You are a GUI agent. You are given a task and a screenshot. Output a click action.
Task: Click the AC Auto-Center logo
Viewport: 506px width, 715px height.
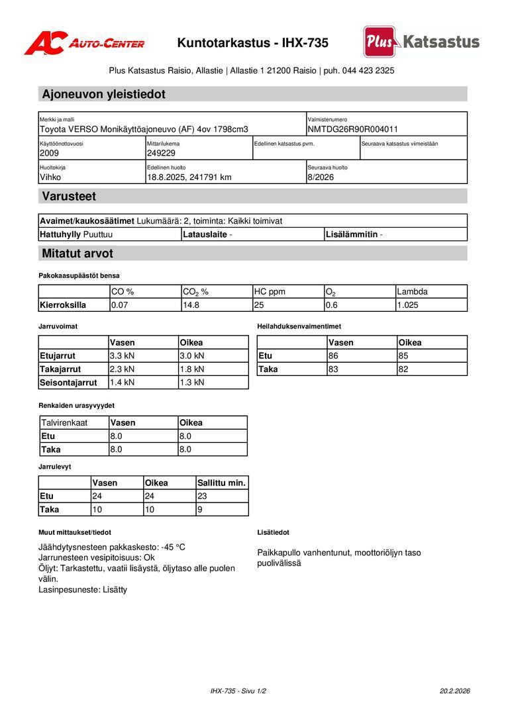84,43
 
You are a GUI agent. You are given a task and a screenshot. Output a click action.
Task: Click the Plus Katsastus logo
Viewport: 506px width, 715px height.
421,42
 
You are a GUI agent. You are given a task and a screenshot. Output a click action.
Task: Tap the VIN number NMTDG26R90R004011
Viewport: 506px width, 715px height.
352,129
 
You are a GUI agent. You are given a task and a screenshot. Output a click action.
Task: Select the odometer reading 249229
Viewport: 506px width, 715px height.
161,153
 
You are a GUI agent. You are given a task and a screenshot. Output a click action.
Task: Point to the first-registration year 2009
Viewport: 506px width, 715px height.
49,153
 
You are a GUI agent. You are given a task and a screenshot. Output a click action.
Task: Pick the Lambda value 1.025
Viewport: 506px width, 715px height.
409,305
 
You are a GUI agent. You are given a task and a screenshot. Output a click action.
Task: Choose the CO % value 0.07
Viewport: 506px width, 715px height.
120,305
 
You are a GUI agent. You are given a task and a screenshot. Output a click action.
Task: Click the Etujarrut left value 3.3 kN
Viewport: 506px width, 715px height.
122,356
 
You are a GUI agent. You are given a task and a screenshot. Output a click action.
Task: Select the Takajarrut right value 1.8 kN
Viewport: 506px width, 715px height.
192,369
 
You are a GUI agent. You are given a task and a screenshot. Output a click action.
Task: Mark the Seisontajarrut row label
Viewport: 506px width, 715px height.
68,383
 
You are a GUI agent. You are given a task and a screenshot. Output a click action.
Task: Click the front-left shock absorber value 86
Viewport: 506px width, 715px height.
333,356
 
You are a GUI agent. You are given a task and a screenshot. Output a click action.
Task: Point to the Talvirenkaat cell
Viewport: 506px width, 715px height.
64,423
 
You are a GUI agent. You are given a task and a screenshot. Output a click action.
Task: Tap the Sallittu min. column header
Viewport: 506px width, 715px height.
221,483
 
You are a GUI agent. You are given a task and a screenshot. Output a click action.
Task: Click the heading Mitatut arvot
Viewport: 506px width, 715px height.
77,254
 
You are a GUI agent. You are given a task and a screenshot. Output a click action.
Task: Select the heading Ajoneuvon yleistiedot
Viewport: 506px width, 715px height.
103,94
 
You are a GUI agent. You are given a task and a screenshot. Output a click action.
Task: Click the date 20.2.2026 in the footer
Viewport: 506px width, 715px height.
454,691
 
